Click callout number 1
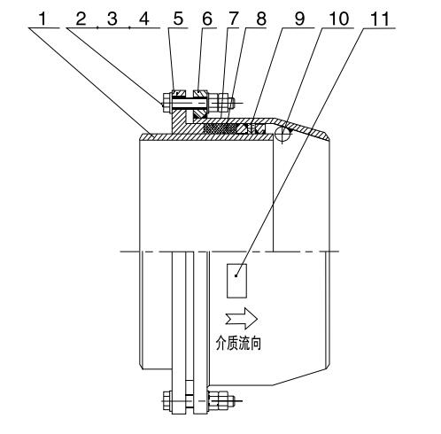click(x=43, y=19)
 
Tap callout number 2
click(x=81, y=19)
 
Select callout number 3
click(x=112, y=19)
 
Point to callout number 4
click(x=144, y=19)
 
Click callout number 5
click(x=178, y=19)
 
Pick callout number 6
click(x=207, y=19)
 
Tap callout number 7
click(x=234, y=19)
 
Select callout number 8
click(x=261, y=19)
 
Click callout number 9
click(x=299, y=19)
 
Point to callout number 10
click(x=339, y=19)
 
